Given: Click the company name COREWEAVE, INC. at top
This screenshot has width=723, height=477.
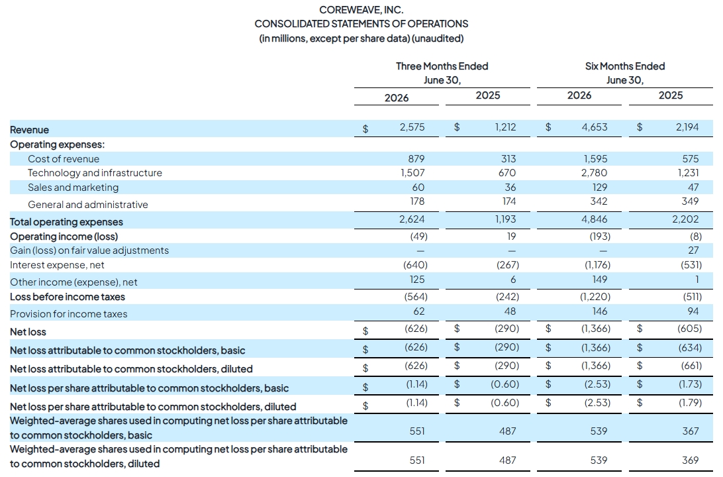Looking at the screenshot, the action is tap(361, 10).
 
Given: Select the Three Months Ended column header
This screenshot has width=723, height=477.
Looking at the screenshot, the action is tap(442, 66).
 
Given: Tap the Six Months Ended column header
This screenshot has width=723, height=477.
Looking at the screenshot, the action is tap(625, 66).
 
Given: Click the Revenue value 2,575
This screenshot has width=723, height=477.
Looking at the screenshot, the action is tap(412, 127).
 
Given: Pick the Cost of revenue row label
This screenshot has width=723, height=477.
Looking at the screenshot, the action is tap(64, 159).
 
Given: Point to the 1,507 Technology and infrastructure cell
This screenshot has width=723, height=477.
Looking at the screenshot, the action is tap(412, 173).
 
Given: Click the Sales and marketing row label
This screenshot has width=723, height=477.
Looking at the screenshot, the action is tap(73, 187).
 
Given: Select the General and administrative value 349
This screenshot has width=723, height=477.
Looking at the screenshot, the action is tap(691, 201).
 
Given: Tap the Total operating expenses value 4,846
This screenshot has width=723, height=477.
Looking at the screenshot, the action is tap(595, 219).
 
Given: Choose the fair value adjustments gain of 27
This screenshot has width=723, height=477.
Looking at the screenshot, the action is tap(693, 250).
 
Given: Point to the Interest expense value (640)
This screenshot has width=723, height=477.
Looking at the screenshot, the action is tap(415, 265).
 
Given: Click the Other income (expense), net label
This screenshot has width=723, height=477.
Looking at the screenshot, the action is tap(73, 282).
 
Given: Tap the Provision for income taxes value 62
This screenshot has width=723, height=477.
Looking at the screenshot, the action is tap(419, 311).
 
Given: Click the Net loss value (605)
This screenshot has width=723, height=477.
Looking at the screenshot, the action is tap(690, 329).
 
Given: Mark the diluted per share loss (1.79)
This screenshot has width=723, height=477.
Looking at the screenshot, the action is tap(691, 403).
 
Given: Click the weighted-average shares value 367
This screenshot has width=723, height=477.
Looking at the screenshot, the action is tap(691, 431).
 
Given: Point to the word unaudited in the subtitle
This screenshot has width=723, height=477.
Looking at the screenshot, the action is tap(438, 38).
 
